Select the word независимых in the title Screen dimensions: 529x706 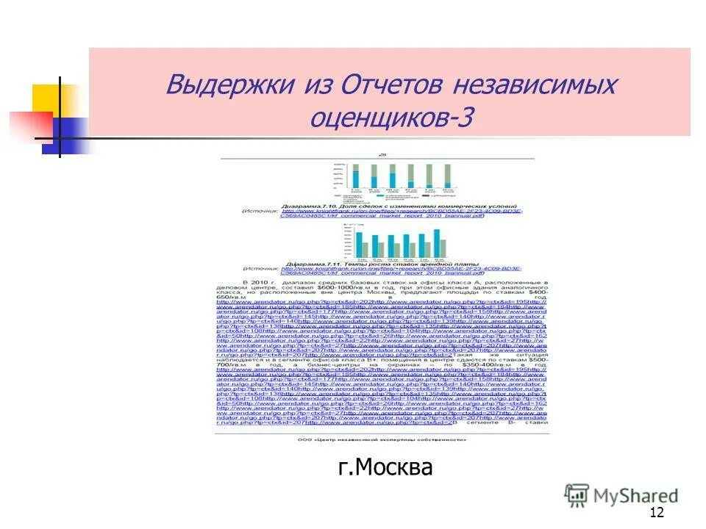(x=535, y=84)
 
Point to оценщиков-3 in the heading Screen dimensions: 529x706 (x=393, y=115)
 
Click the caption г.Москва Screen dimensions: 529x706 (x=385, y=467)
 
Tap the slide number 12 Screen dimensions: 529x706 (x=657, y=512)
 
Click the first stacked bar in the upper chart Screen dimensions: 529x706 (x=356, y=176)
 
